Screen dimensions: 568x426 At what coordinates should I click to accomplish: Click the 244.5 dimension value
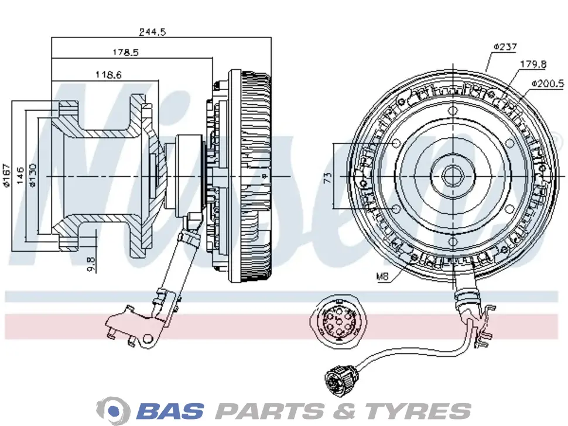point(152,32)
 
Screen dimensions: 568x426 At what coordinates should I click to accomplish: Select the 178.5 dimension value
point(125,52)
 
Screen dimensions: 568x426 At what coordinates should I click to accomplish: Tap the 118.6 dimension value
point(108,74)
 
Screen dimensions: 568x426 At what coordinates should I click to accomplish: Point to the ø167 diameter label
point(6,176)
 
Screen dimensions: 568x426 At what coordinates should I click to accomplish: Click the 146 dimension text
point(20,175)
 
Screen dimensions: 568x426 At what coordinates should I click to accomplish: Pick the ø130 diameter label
point(33,175)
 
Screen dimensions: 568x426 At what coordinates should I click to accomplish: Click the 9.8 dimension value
point(91,263)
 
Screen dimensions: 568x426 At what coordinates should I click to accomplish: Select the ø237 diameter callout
point(505,46)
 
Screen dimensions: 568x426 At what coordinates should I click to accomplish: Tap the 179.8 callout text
point(533,64)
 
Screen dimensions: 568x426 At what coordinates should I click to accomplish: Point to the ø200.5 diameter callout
point(548,84)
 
